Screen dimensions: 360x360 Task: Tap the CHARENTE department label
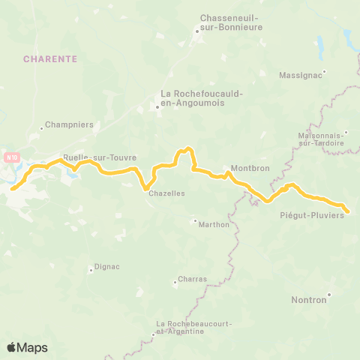48,58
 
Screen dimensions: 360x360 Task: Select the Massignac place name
300,76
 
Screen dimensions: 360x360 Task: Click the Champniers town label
67,124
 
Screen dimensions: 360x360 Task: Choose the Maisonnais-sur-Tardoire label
320,139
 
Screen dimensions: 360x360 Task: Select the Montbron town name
250,169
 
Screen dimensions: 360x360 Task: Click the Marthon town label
214,225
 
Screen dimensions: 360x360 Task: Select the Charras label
192,279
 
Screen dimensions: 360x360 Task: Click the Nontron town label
310,300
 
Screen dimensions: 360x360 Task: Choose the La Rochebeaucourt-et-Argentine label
180,327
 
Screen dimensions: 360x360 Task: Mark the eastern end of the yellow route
348,211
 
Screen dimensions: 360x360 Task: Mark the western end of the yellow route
12,189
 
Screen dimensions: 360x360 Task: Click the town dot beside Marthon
194,221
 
